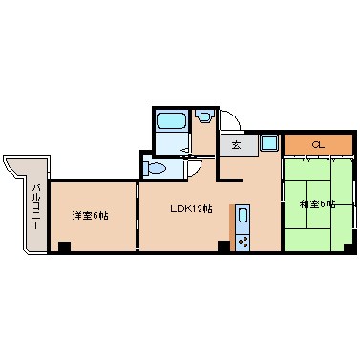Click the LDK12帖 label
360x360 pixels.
click(191, 209)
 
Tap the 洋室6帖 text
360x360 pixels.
click(90, 215)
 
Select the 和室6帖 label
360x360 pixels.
click(316, 203)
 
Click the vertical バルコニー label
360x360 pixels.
click(34, 203)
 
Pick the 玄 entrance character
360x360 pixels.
click(236, 145)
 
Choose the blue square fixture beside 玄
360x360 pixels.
click(268, 144)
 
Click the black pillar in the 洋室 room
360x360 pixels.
click(64, 247)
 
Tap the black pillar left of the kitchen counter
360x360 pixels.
click(223, 247)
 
